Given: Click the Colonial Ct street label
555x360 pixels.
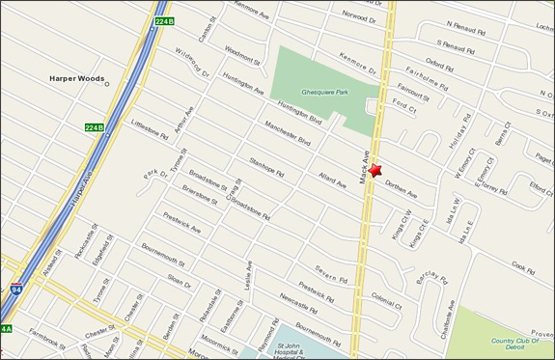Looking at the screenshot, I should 386,302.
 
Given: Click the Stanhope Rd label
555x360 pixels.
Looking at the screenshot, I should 266,170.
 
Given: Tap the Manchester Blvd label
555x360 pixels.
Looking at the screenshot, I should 288,135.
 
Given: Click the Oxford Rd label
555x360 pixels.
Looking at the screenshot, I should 439,67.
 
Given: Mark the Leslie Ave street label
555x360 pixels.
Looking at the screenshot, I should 248,279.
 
